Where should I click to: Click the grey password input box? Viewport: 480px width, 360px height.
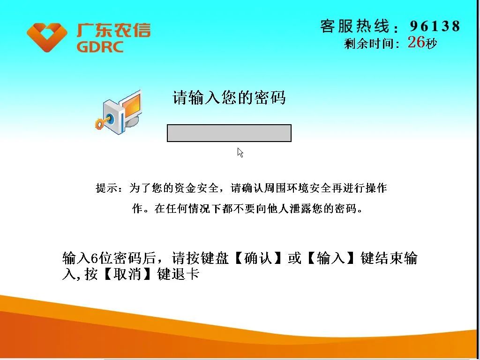tap(229, 133)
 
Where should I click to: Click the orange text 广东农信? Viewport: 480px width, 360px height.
tap(113, 30)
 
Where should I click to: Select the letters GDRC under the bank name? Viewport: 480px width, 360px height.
tap(100, 47)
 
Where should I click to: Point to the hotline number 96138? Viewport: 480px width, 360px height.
tap(435, 26)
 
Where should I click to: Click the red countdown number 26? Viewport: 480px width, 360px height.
tap(416, 42)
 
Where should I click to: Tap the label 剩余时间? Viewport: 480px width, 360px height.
tap(368, 44)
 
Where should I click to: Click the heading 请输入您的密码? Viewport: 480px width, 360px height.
tap(229, 97)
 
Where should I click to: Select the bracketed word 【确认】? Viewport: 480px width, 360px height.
tap(258, 258)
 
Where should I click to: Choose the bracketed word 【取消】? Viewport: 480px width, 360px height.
tap(127, 274)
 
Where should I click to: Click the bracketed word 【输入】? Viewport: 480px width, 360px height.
tap(330, 258)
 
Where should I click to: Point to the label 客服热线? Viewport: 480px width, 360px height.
tap(354, 26)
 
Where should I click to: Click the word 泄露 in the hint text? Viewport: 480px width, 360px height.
tap(301, 209)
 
